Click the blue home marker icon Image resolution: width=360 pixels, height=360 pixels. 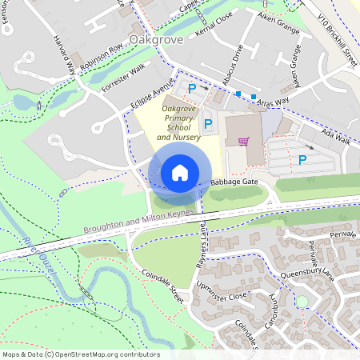(180, 173)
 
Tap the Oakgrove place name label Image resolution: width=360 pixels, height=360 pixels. (155, 40)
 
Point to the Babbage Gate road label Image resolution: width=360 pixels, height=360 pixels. (234, 182)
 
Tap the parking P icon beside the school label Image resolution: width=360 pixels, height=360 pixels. (208, 124)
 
